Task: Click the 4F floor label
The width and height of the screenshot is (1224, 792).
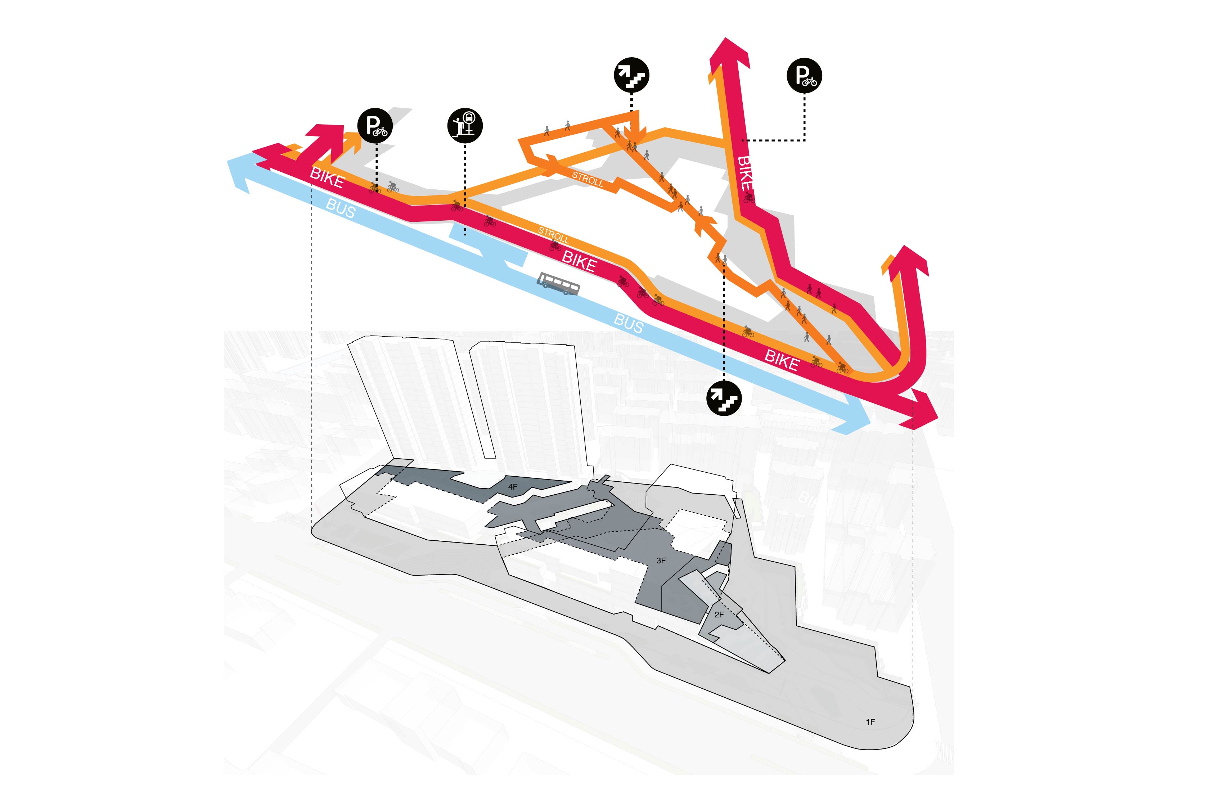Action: pyautogui.click(x=512, y=486)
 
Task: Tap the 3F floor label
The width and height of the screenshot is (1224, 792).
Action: pyautogui.click(x=661, y=561)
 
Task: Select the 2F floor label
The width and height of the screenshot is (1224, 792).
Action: pyautogui.click(x=719, y=615)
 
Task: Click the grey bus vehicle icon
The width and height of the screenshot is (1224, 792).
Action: pyautogui.click(x=558, y=283)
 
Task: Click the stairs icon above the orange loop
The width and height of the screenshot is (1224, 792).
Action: pyautogui.click(x=631, y=75)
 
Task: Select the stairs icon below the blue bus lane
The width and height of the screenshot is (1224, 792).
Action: pyautogui.click(x=724, y=399)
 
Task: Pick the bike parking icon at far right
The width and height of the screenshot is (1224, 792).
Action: pyautogui.click(x=804, y=76)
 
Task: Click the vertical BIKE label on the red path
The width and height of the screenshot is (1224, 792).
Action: pyautogui.click(x=745, y=173)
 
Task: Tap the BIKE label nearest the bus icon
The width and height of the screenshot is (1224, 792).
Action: pyautogui.click(x=579, y=261)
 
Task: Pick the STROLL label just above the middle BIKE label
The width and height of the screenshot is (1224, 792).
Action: pyautogui.click(x=553, y=235)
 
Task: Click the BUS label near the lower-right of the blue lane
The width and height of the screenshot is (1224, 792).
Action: pyautogui.click(x=629, y=324)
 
